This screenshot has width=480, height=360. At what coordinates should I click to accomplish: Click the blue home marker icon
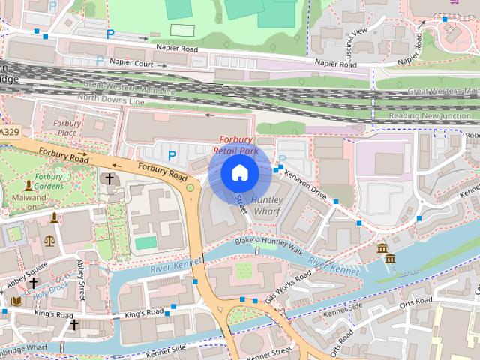(x=239, y=173)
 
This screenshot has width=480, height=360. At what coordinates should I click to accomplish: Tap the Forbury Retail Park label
(x=236, y=145)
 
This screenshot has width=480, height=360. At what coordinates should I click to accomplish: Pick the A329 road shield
(x=9, y=132)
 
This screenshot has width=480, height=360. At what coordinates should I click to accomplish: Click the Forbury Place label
(x=67, y=128)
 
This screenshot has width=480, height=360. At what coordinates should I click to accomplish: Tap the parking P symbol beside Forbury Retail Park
(x=172, y=155)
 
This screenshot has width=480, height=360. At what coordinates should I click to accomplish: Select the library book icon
(x=16, y=301)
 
